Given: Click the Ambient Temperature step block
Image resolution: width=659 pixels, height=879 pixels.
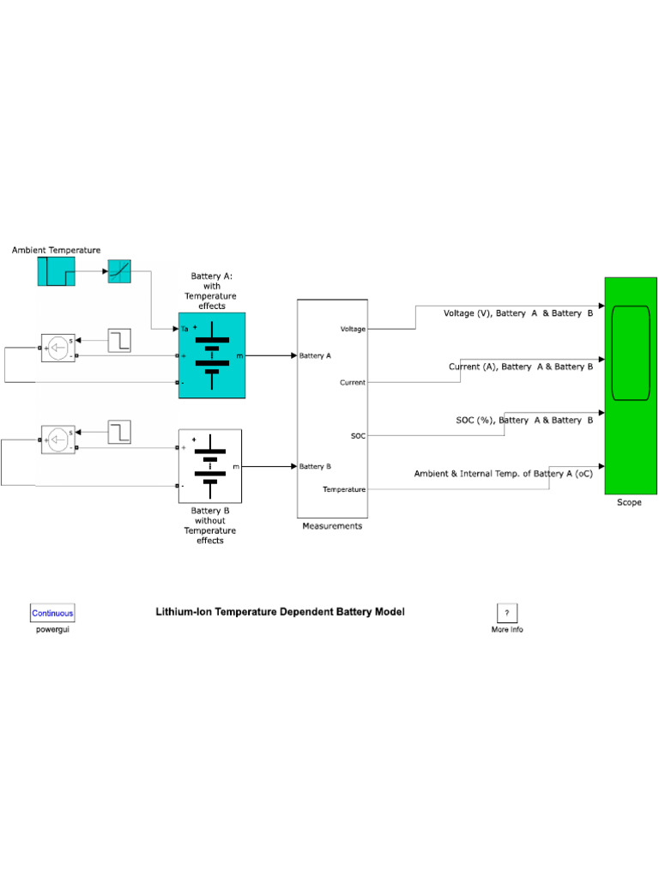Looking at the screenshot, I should point(56,271).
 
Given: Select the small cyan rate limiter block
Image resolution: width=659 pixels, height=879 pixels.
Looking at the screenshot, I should point(119,271).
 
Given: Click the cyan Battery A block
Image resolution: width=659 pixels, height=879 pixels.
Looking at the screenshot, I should point(212,355).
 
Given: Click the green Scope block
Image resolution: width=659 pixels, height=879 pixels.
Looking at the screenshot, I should point(630,385).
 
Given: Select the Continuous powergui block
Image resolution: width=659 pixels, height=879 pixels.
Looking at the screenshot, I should point(53,613).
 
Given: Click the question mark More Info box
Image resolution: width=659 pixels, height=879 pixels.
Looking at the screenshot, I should point(506,613).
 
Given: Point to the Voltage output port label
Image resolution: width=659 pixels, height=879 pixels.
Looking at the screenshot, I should point(353,329).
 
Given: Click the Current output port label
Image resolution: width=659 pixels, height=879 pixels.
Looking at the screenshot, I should point(353,382).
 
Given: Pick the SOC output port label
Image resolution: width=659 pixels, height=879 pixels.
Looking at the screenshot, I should point(358,436).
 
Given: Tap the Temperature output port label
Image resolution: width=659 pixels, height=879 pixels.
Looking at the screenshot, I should point(344,489).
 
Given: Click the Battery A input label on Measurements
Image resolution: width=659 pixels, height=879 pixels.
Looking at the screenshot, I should point(315,355).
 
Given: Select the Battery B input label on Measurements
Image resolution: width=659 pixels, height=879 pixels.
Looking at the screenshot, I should point(315,466).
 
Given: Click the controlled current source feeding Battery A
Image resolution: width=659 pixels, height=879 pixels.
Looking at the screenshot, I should point(58,348).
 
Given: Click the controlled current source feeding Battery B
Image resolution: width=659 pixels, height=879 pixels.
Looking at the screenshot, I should point(58,439).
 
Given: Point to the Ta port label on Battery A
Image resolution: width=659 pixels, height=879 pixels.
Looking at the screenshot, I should point(184,329).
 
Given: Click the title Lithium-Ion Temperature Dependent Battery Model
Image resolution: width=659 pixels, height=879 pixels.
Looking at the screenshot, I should point(280,612).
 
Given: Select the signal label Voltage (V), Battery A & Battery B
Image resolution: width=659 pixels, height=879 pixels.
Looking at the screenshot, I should point(517,313).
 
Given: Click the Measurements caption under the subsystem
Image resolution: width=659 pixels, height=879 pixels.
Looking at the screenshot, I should point(332,526).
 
